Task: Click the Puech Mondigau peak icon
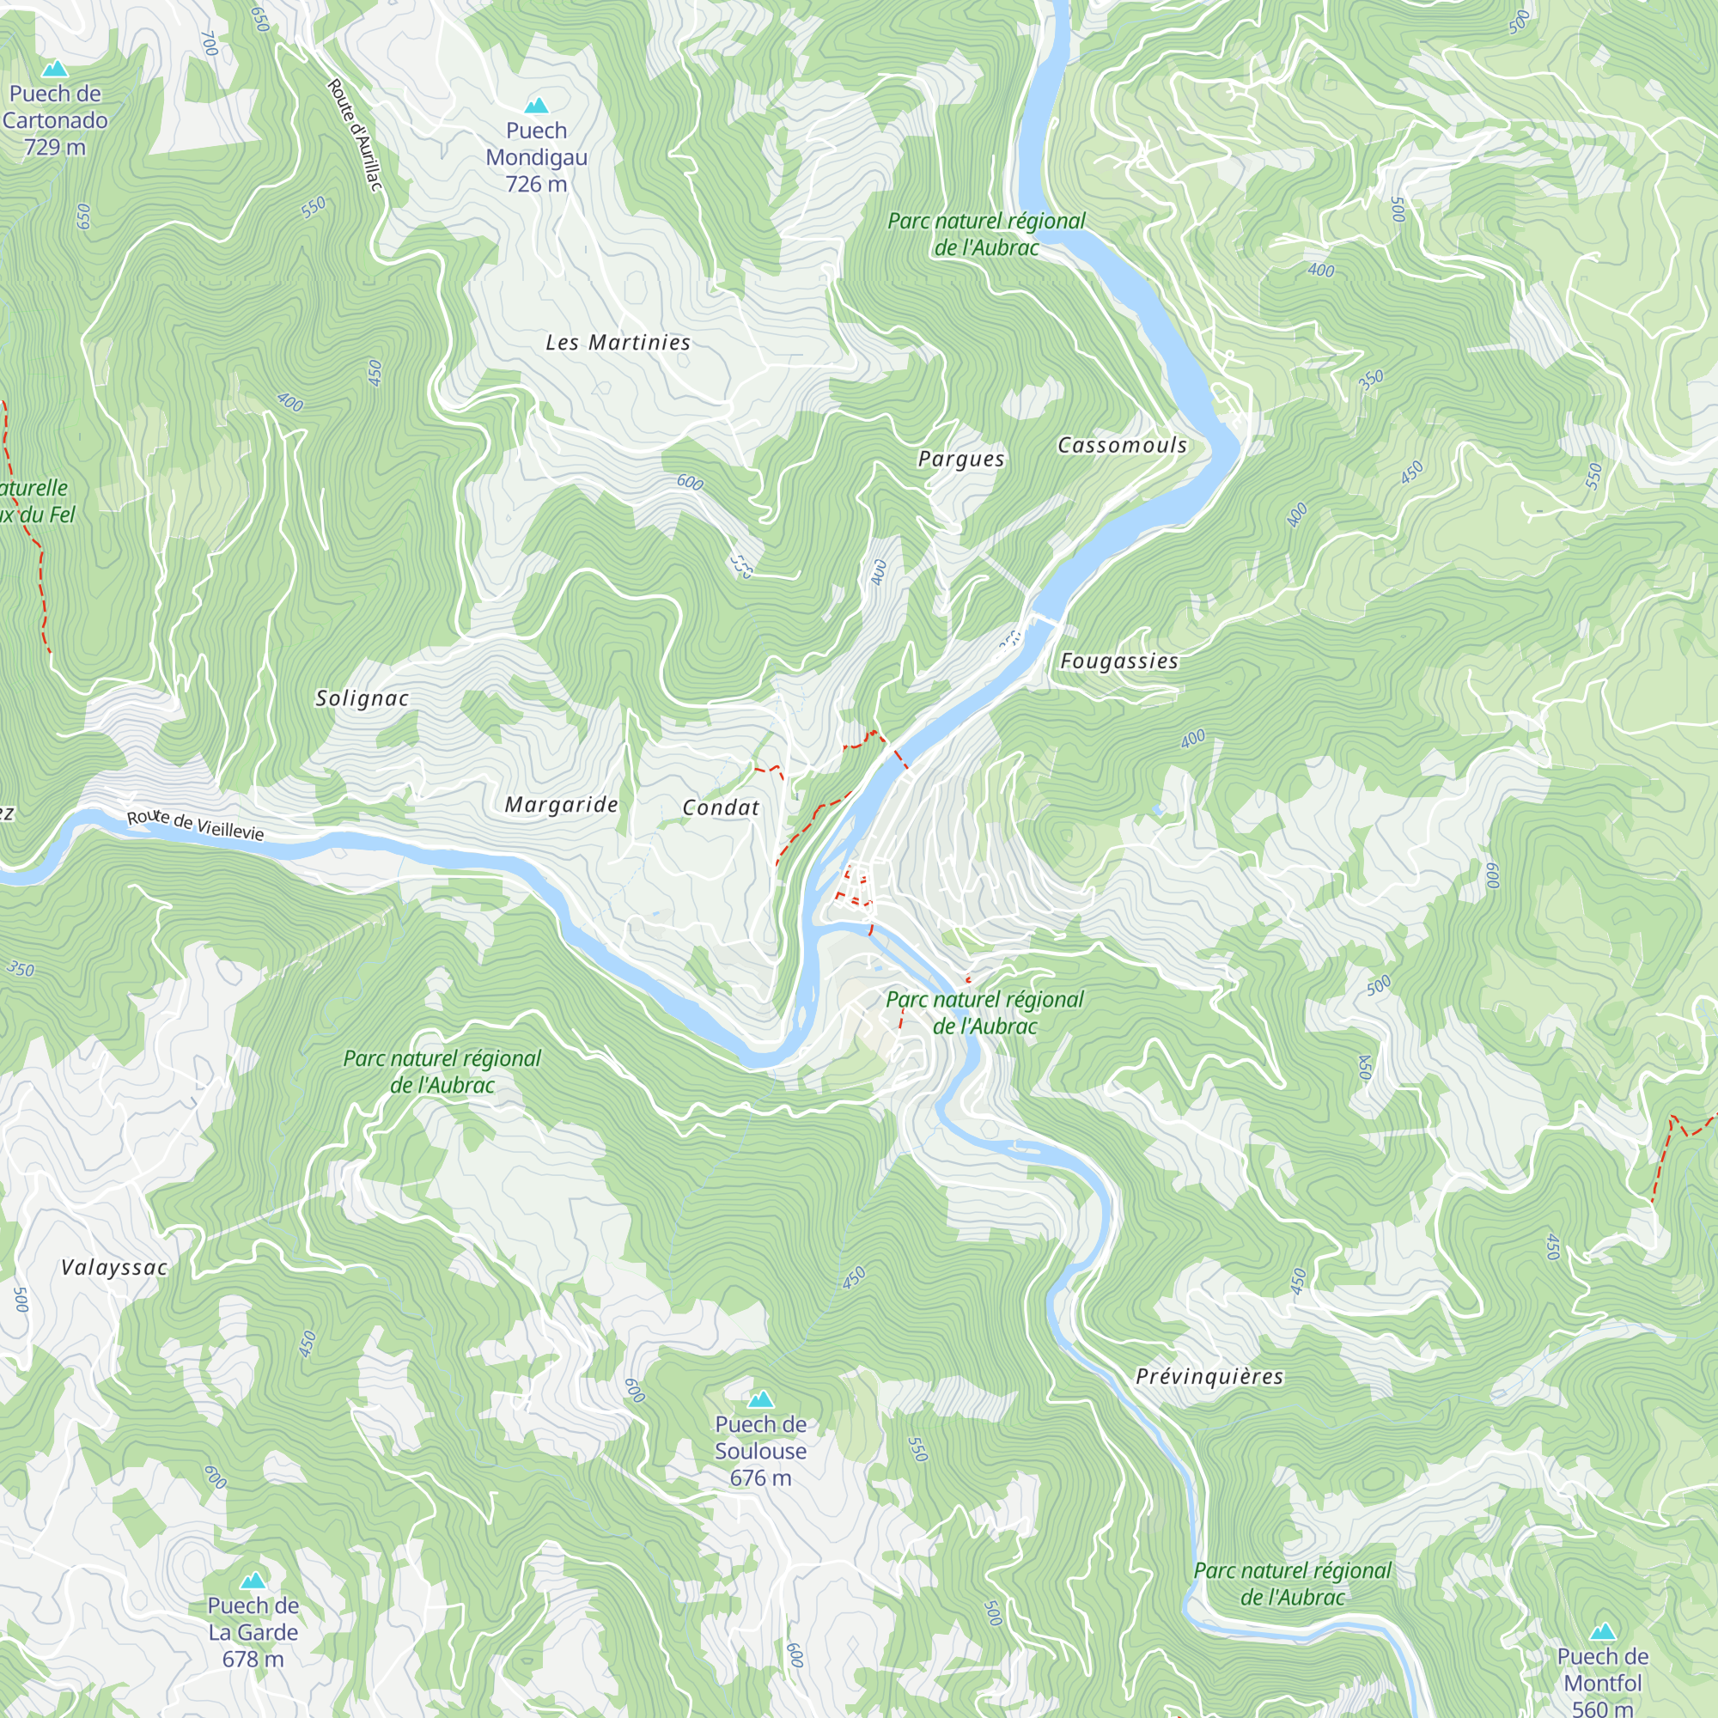(535, 107)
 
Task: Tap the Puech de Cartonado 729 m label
(55, 120)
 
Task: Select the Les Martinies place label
(618, 343)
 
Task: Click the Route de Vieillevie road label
(196, 825)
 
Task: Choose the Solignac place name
(362, 699)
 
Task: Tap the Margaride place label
(561, 805)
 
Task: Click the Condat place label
(721, 807)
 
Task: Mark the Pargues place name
(961, 459)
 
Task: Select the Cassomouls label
(1122, 446)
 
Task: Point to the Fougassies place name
(1118, 661)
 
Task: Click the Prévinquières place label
(1209, 1376)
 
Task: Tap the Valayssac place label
(114, 1268)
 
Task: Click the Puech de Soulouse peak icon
(760, 1399)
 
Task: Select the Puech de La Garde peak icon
(253, 1581)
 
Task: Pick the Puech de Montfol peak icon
(1602, 1632)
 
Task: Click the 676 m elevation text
(760, 1477)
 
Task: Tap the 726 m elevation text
(536, 185)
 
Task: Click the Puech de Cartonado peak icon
(55, 69)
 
